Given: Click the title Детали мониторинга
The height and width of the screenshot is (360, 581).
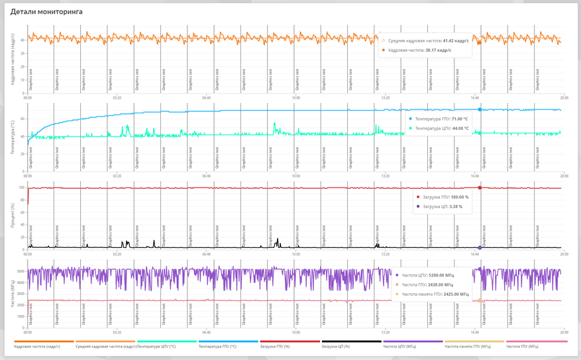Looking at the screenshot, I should click(46, 12).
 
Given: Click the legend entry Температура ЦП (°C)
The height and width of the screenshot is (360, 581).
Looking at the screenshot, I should click(156, 346).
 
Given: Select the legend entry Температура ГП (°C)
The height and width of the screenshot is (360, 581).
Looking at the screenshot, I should click(218, 346).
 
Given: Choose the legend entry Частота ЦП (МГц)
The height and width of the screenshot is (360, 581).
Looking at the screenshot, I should click(399, 346).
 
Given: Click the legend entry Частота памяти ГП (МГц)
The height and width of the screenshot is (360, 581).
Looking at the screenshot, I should click(468, 346).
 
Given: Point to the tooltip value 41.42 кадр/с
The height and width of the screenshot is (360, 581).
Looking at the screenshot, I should click(456, 41).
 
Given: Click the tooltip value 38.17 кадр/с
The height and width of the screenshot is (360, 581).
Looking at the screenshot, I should click(439, 50).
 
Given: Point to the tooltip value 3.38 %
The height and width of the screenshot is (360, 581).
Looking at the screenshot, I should click(450, 206).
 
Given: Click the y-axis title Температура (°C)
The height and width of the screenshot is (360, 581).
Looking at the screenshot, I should click(13, 137).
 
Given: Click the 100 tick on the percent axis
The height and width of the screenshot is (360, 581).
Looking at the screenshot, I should click(21, 188).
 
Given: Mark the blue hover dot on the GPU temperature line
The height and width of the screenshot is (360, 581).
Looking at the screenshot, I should click(480, 109).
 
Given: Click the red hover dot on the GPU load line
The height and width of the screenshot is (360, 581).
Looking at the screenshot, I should click(480, 188).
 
